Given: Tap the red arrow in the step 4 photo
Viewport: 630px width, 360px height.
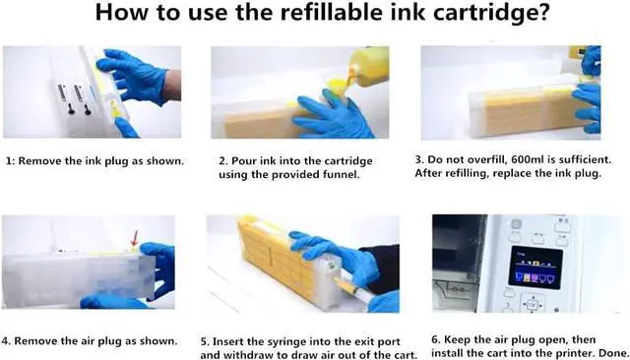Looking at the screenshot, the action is pos(135,239).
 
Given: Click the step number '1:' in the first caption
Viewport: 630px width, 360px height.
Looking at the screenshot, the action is pos(11,161).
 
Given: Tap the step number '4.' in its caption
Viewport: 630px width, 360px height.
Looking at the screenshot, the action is pos(6,341).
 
